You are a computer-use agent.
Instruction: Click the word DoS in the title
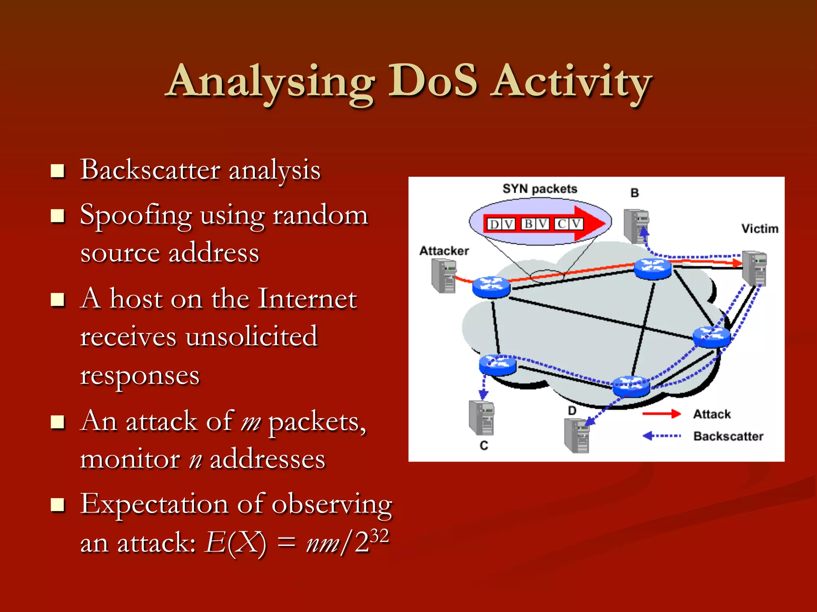(433, 82)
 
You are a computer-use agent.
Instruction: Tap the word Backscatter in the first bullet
(150, 170)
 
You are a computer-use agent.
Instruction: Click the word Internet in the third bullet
(307, 299)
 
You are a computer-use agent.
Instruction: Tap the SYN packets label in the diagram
(540, 189)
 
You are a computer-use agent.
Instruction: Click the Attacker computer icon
(444, 276)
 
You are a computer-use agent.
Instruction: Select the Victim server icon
(754, 268)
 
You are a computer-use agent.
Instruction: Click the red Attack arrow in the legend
(661, 414)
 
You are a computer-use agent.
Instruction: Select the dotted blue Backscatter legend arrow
(661, 436)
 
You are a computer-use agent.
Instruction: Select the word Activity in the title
(571, 82)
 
